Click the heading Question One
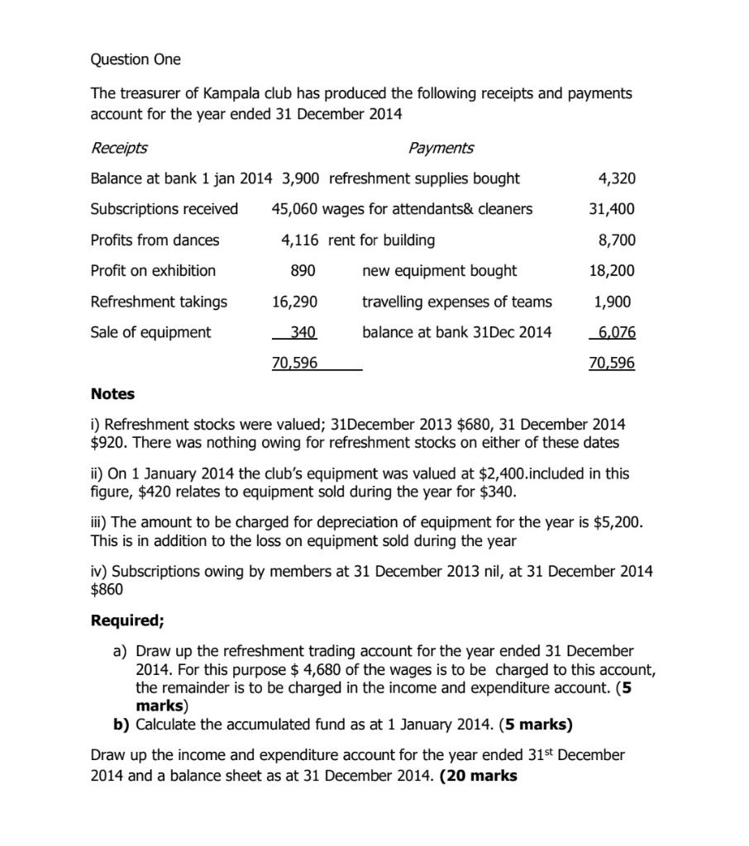[x=136, y=59]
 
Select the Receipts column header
[x=119, y=148]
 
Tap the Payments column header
[x=441, y=148]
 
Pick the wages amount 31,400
[x=611, y=209]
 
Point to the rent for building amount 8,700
[x=616, y=240]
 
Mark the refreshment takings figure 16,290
[x=295, y=302]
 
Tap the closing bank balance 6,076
[x=616, y=332]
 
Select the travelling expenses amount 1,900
[x=616, y=302]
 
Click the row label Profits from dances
[x=155, y=240]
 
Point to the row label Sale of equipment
[x=150, y=332]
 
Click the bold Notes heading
[x=112, y=394]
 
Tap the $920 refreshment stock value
[x=107, y=443]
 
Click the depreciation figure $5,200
[x=617, y=523]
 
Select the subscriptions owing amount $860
[x=107, y=589]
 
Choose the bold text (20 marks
[x=479, y=776]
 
